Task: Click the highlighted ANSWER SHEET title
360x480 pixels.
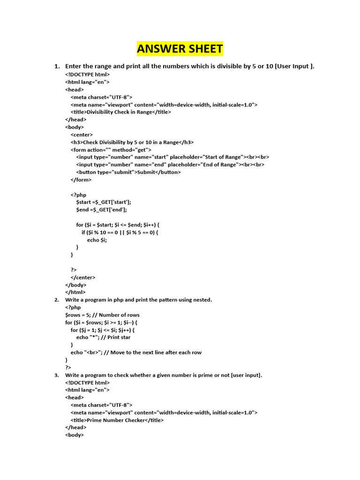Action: pyautogui.click(x=180, y=49)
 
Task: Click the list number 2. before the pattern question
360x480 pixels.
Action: pyautogui.click(x=56, y=300)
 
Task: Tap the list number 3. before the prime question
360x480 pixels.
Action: pyautogui.click(x=56, y=375)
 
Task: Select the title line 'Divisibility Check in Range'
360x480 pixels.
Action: pyautogui.click(x=121, y=112)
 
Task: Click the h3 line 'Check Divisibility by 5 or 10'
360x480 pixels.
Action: pyautogui.click(x=132, y=142)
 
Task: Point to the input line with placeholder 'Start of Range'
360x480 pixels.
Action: pyautogui.click(x=172, y=157)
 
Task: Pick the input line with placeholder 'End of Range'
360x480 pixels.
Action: pyautogui.click(x=170, y=165)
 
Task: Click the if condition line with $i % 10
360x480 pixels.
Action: pyautogui.click(x=127, y=232)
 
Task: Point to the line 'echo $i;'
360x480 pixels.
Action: pyautogui.click(x=97, y=240)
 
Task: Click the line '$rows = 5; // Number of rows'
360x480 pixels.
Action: pyautogui.click(x=102, y=315)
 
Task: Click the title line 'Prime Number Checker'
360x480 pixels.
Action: pyautogui.click(x=117, y=420)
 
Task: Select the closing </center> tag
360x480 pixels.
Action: pyautogui.click(x=83, y=277)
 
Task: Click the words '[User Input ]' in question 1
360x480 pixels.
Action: pyautogui.click(x=295, y=66)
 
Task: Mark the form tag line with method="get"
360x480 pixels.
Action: pyautogui.click(x=111, y=150)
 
